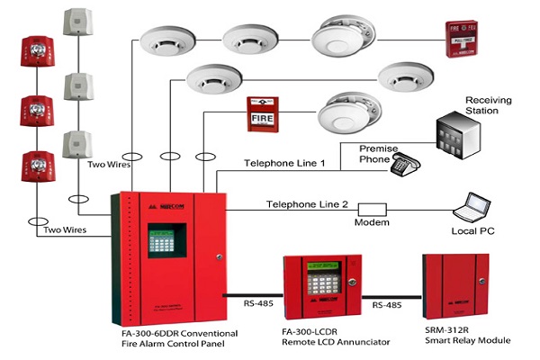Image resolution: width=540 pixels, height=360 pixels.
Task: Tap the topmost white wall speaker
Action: (x=76, y=29)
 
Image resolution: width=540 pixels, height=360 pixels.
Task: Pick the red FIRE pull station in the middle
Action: (x=262, y=116)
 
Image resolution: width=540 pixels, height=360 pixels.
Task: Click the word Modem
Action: (x=371, y=222)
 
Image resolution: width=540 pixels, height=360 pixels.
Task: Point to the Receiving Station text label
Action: (x=487, y=104)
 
